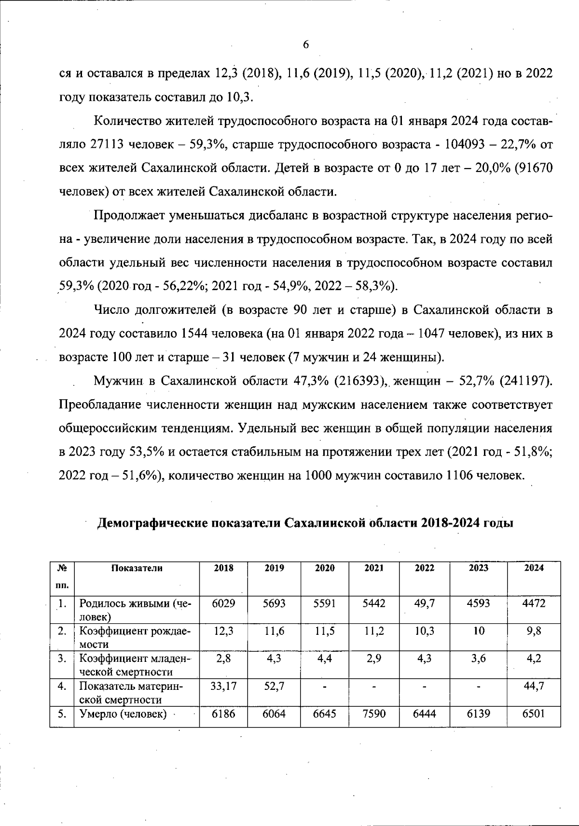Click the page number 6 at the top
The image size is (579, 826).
(305, 45)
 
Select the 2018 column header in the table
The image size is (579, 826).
(223, 568)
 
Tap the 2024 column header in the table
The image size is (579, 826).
(534, 568)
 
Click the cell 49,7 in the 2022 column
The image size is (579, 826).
(425, 603)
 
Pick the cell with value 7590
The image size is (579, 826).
(374, 714)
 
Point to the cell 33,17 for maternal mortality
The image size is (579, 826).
(223, 686)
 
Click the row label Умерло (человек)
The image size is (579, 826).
(123, 714)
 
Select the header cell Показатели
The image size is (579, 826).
(137, 568)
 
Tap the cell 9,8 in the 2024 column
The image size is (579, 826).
(534, 631)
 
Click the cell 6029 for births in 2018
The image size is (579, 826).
(223, 603)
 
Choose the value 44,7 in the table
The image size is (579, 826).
(534, 686)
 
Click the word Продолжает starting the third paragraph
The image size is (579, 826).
(126, 215)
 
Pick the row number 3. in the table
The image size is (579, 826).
(61, 658)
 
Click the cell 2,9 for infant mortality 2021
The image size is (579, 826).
(374, 658)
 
